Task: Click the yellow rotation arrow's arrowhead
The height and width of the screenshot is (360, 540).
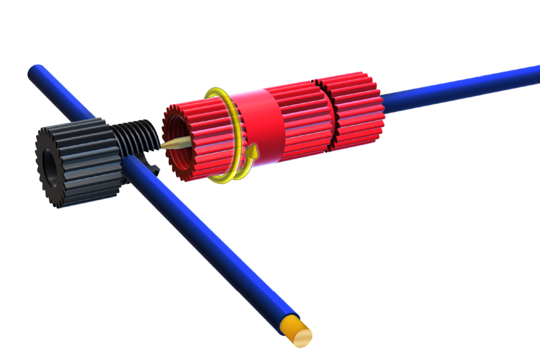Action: [253, 152]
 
